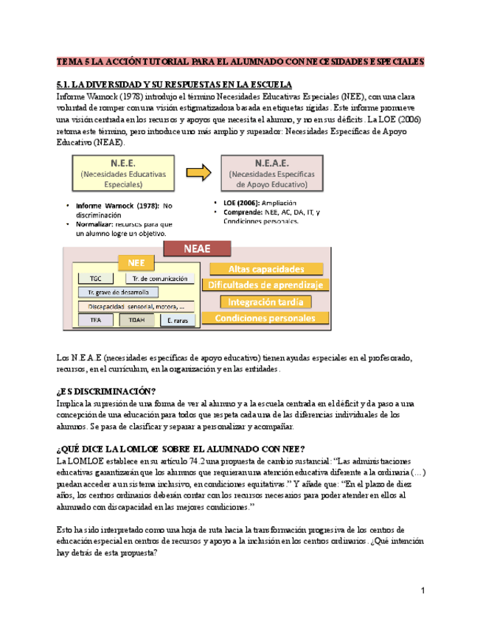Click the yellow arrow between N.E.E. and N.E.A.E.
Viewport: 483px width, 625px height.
(198, 173)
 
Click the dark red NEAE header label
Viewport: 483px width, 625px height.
(197, 248)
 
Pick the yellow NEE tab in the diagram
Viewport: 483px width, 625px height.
(136, 262)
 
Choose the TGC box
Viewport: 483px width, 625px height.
(96, 279)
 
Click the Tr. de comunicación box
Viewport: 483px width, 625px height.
(159, 279)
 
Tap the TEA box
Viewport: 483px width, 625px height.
(96, 320)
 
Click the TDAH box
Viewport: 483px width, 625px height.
(136, 320)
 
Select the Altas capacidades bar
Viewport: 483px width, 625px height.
(266, 270)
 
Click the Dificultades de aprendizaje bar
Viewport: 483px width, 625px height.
(269, 285)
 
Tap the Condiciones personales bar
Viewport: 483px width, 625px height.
(265, 318)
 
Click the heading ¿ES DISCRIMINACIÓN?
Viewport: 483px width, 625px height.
(106, 391)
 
